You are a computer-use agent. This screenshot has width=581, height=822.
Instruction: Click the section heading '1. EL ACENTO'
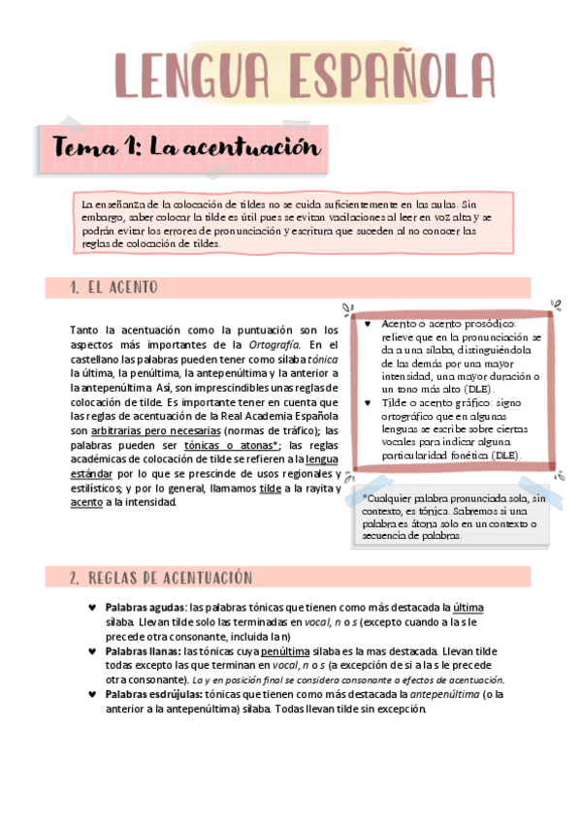[x=114, y=288]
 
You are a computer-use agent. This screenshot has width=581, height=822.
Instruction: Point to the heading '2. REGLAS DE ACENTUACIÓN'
[x=161, y=578]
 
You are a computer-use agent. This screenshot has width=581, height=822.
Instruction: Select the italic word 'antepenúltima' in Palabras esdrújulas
[x=444, y=694]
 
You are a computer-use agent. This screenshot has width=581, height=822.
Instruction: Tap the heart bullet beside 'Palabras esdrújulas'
[x=91, y=694]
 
